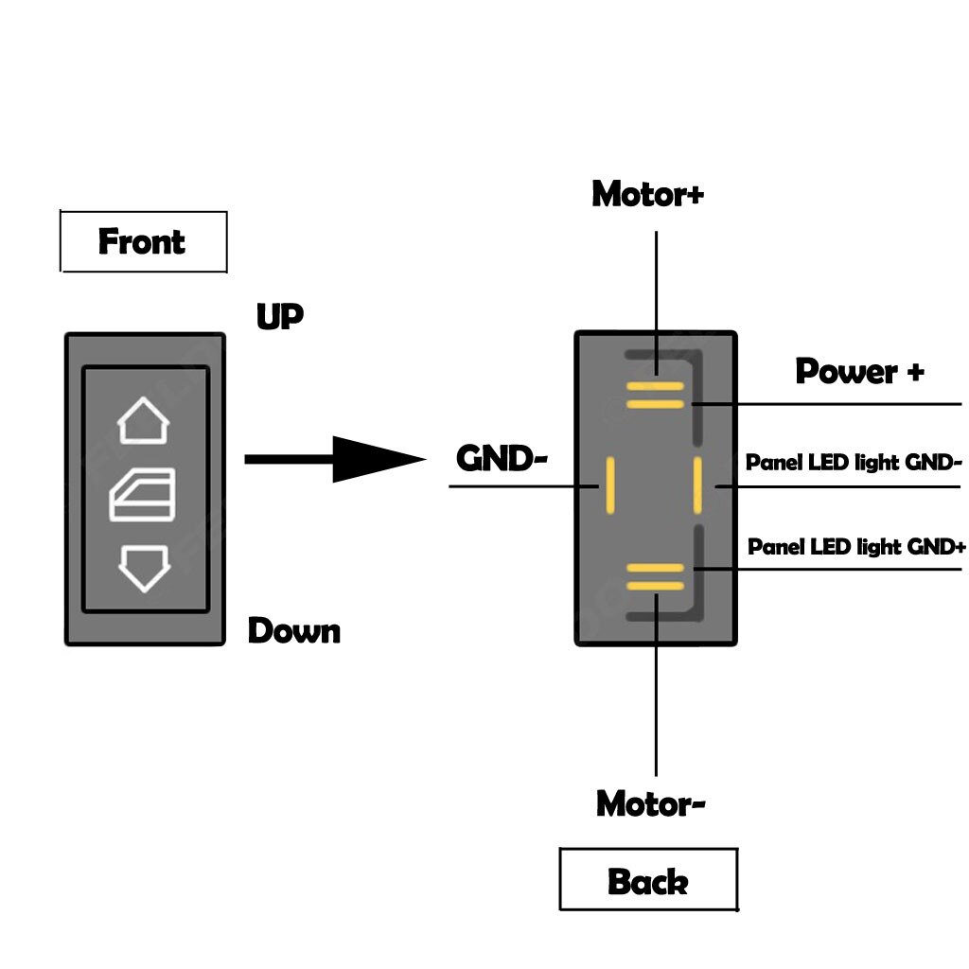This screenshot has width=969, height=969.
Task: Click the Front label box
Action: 143,241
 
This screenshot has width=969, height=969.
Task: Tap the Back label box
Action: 647,880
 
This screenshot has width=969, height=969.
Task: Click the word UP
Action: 279,317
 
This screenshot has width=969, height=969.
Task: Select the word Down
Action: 293,630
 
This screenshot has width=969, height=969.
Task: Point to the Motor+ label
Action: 647,194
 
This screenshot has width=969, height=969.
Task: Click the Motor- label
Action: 650,803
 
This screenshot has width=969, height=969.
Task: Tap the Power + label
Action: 858,371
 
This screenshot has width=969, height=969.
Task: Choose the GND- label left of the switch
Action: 502,459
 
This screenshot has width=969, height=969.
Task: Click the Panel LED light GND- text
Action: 854,463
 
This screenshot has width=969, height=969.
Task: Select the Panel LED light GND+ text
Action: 856,547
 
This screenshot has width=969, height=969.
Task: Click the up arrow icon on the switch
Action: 143,421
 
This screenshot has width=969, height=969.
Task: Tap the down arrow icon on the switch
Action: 143,568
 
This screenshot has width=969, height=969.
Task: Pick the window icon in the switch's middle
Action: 143,495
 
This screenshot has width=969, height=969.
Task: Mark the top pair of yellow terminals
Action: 655,396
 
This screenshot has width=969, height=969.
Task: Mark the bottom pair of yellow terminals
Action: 655,576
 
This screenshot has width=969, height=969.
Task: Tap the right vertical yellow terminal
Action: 696,486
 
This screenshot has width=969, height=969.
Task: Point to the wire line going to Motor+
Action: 655,284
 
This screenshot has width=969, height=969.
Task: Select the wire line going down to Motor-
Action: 655,700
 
